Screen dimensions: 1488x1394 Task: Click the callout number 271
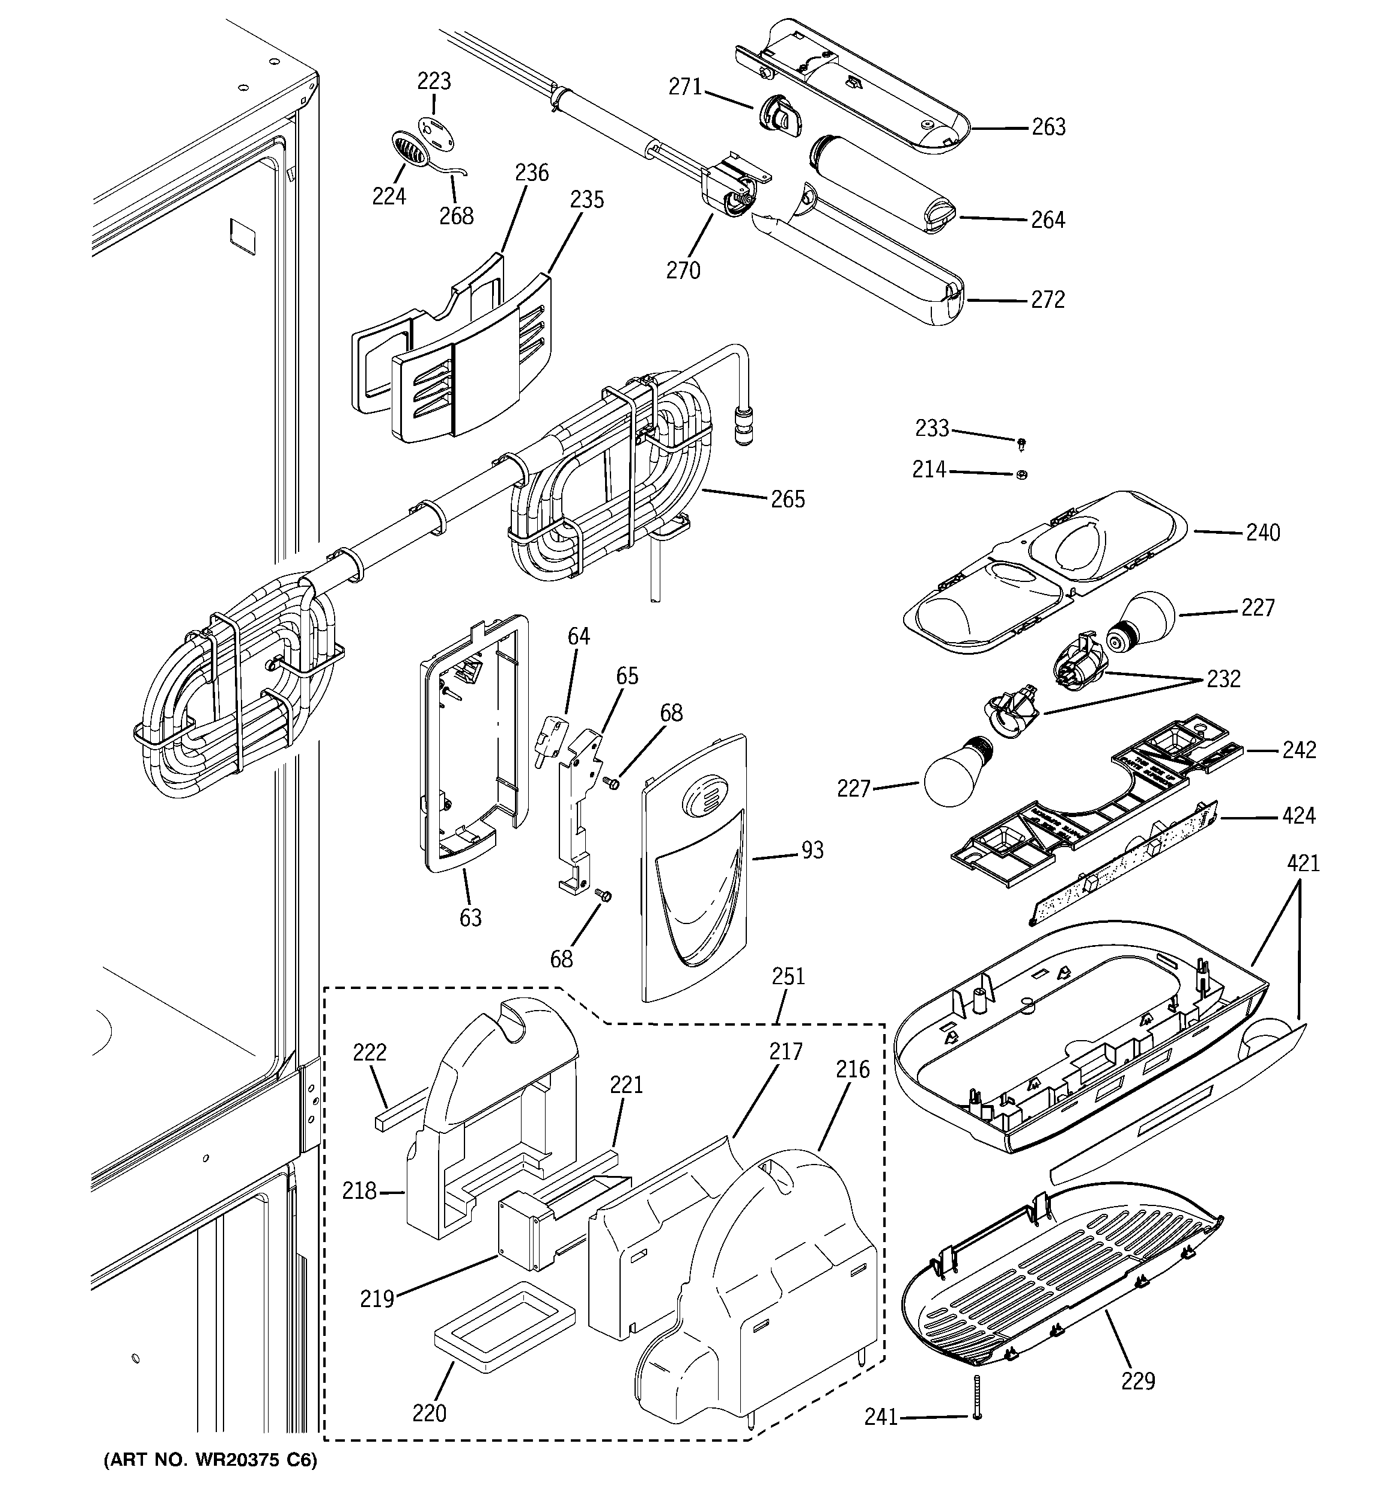pyautogui.click(x=684, y=88)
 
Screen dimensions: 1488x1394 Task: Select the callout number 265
pyautogui.click(x=788, y=499)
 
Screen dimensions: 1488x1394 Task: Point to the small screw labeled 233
pyautogui.click(x=1021, y=445)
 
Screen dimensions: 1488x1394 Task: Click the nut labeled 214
pyautogui.click(x=1023, y=474)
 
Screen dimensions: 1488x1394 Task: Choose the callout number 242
pyautogui.click(x=1299, y=750)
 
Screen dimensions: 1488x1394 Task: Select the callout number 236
pyautogui.click(x=531, y=173)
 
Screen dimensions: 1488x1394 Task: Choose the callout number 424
pyautogui.click(x=1298, y=815)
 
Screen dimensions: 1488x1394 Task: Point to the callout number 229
pyautogui.click(x=1137, y=1381)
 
